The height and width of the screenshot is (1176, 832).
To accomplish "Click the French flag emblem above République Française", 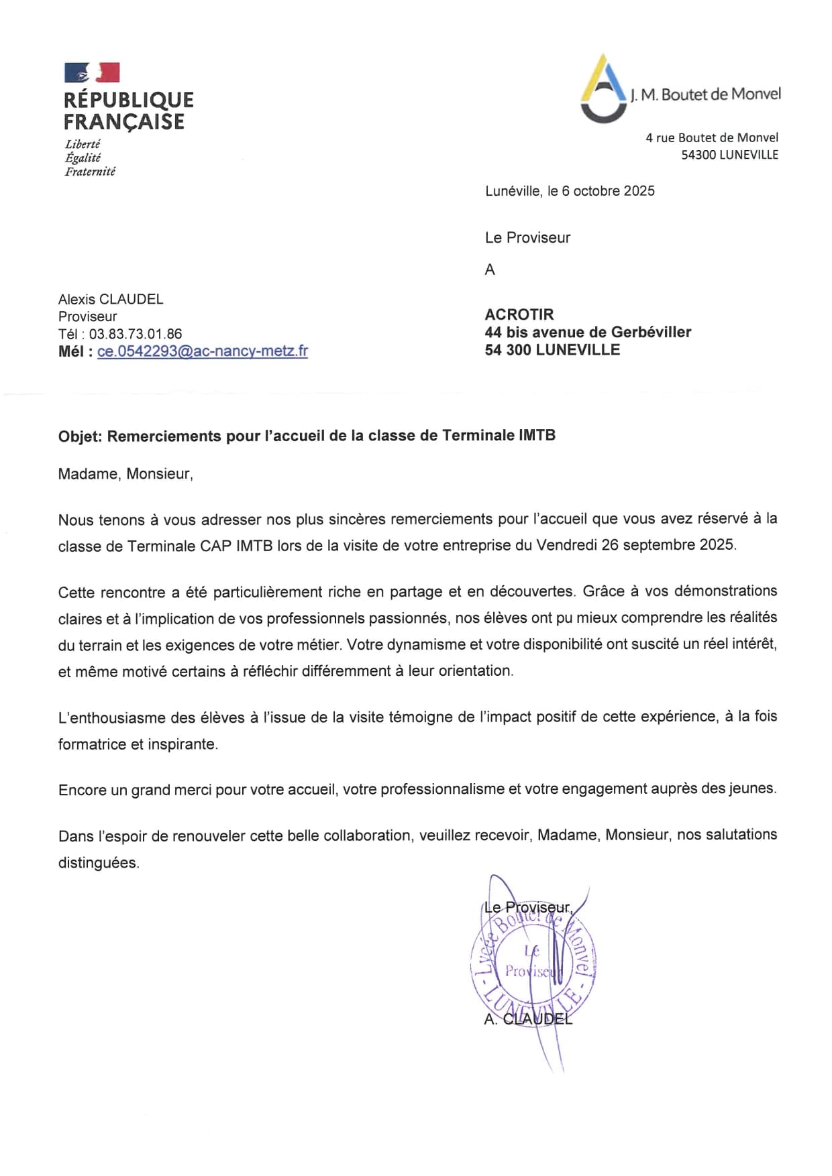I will pos(92,72).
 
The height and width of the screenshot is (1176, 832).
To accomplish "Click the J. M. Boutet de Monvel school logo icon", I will pos(603,90).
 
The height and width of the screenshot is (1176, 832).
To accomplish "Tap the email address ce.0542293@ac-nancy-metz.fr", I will pos(202,351).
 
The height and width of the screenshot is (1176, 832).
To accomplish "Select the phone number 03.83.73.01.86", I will pos(136,334).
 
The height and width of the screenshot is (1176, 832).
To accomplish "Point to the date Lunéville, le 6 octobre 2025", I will pos(570,191).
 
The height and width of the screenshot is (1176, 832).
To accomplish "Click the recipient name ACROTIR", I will pos(519,314).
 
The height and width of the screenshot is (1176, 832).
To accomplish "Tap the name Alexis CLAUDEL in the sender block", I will pos(111,299).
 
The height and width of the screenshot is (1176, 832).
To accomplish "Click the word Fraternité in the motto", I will pos(90,172).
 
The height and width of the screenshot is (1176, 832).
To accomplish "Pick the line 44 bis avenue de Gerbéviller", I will pos(588,332).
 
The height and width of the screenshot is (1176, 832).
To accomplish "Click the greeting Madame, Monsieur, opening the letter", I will pos(125,474).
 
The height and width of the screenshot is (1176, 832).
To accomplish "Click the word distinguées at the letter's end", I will pos(99,863).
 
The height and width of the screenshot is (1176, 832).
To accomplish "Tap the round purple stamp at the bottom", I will pos(533,966).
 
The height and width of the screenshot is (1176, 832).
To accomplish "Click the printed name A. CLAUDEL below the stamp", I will pos(528,1019).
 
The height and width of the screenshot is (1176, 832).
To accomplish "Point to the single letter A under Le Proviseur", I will pos(490,270).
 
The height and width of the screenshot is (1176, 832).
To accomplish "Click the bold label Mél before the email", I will pos(73,351).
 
